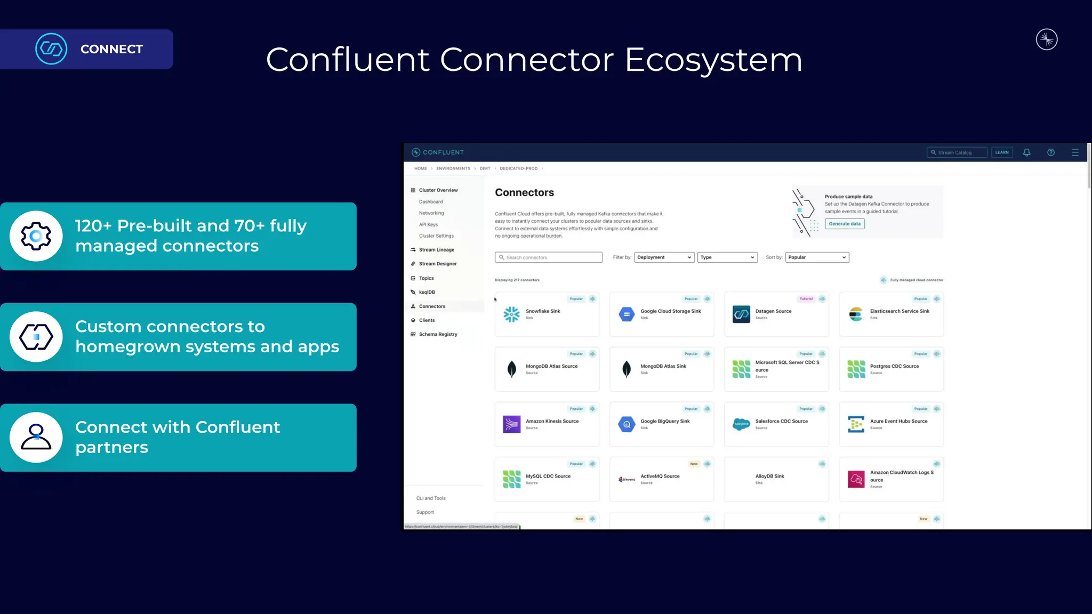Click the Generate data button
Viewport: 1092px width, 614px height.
pos(845,224)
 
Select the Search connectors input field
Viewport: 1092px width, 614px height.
pos(549,257)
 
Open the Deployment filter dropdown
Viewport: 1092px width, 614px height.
pos(664,257)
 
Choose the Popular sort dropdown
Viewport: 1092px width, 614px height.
pos(817,257)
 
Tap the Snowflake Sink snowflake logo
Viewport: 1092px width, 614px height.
pos(512,314)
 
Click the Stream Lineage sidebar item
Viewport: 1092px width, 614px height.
pos(436,250)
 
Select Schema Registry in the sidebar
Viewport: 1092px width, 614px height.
pos(438,335)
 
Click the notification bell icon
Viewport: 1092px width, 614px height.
pos(1026,152)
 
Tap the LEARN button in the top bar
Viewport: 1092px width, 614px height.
pos(1002,152)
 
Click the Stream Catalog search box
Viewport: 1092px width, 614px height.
pos(957,152)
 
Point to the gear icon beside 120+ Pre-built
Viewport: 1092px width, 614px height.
pos(36,236)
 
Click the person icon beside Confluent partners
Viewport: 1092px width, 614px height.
pos(36,438)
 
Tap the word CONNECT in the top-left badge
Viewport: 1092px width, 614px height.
pos(111,49)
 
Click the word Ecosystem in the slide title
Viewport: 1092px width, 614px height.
pos(713,60)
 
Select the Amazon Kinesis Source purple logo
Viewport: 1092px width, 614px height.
pos(512,424)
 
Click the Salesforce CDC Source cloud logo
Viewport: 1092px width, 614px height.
pos(741,424)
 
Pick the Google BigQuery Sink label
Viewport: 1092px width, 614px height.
pos(665,421)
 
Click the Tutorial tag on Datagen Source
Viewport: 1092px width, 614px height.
pos(806,299)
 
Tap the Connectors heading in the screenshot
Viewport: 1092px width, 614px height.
pos(524,193)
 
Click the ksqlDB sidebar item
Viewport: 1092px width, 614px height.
pos(427,293)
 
